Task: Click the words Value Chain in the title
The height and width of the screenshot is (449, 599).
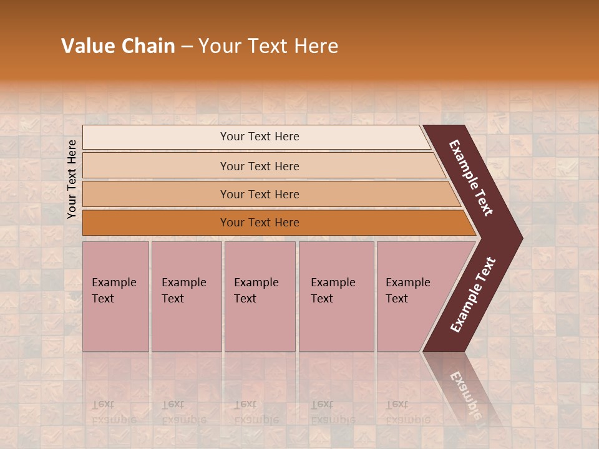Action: coord(118,46)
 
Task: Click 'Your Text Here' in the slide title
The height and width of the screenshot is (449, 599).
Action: coord(268,46)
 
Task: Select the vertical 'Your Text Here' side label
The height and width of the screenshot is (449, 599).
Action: coord(72,179)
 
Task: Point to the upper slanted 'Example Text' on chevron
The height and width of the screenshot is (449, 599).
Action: coord(471,178)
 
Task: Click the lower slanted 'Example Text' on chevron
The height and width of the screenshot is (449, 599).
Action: coord(472,294)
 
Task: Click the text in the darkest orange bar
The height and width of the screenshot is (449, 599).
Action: coord(260,223)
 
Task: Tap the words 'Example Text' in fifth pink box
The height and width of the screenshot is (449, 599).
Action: coord(407,291)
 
